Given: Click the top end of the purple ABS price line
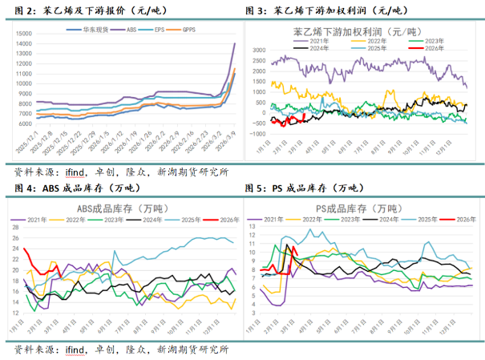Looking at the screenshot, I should click(234, 43).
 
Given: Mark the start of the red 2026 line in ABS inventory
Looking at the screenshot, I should click(25, 249).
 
